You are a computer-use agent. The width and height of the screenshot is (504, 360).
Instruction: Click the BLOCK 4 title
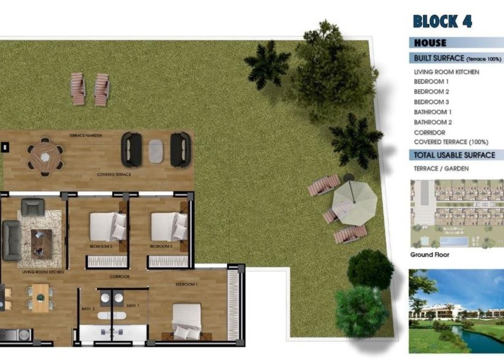pyautogui.click(x=442, y=21)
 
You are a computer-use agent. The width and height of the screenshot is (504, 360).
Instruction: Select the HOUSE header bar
pyautogui.click(x=456, y=43)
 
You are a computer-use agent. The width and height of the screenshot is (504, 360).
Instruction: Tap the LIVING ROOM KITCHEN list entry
pyautogui.click(x=446, y=72)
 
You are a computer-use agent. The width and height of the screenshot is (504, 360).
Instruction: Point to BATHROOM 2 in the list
pyautogui.click(x=433, y=122)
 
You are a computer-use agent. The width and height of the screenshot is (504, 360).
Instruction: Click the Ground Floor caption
pyautogui.click(x=430, y=255)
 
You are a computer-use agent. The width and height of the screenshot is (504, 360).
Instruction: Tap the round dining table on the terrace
pyautogui.click(x=45, y=157)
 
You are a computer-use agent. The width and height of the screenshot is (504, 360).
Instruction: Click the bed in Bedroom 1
pyautogui.click(x=187, y=321)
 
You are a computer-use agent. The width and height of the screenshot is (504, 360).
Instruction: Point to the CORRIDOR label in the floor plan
pyautogui.click(x=120, y=277)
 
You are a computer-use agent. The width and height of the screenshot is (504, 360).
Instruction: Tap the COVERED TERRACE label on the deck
pyautogui.click(x=114, y=175)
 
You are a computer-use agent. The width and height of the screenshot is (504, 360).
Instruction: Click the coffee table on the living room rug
pyautogui.click(x=41, y=244)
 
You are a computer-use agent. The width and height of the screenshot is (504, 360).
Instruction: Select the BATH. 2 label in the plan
pyautogui.click(x=88, y=309)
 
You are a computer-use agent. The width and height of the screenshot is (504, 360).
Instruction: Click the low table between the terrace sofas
pyautogui.click(x=156, y=150)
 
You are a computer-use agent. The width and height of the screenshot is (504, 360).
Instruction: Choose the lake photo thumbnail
pyautogui.click(x=456, y=311)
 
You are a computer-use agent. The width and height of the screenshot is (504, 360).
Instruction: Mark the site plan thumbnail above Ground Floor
pyautogui.click(x=456, y=214)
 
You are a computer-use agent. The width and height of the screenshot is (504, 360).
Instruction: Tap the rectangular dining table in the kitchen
pyautogui.click(x=40, y=298)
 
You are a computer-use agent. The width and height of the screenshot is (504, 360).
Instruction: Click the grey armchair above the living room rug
pyautogui.click(x=32, y=207)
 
